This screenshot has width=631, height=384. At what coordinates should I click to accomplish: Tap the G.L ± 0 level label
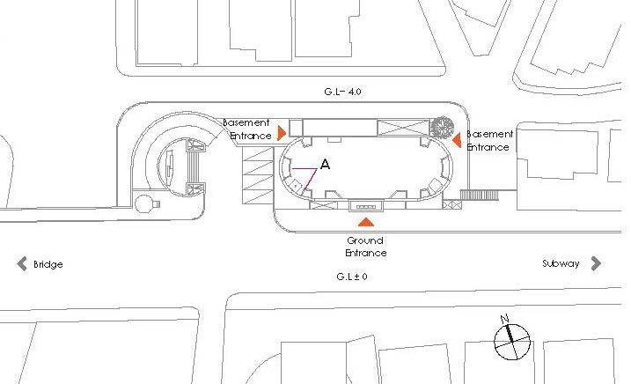[x=351, y=277]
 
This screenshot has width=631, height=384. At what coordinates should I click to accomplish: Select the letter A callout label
[x=326, y=165]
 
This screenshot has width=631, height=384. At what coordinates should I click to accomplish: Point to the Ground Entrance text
[x=365, y=247]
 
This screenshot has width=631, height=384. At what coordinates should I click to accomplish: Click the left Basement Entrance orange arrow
[x=281, y=133]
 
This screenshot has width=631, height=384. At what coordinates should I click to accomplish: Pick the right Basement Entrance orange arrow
[x=457, y=138]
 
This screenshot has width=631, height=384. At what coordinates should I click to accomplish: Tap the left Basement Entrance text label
[x=246, y=129]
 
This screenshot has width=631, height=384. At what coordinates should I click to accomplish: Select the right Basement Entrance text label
[x=488, y=141]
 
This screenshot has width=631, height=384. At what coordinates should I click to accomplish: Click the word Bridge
[x=48, y=264]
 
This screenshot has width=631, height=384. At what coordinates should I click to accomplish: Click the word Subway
[x=561, y=263]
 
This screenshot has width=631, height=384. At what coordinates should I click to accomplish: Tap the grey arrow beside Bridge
[x=21, y=263]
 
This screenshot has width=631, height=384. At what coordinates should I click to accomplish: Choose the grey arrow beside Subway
[x=596, y=262]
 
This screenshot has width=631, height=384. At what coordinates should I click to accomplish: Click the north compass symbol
[x=511, y=342]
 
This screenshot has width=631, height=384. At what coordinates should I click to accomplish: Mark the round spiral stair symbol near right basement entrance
[x=441, y=126]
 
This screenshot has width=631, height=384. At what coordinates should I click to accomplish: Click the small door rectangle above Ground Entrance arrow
[x=366, y=207]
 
